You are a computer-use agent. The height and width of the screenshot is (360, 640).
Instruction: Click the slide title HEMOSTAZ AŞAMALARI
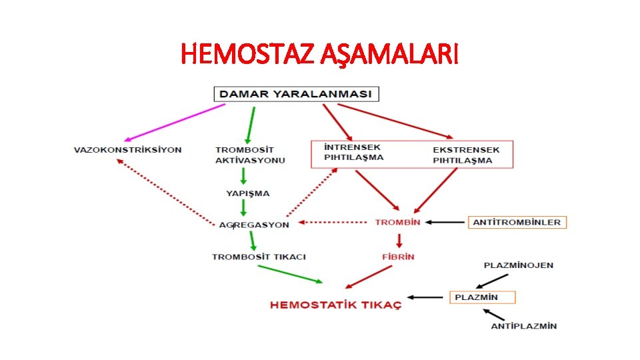point(320,54)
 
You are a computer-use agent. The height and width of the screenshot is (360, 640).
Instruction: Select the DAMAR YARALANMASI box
point(296,94)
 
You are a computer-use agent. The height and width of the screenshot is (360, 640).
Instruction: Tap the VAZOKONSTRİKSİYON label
point(127,150)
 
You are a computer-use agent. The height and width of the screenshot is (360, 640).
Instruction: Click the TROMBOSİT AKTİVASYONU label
point(249,155)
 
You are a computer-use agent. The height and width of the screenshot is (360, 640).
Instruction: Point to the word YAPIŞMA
point(247,193)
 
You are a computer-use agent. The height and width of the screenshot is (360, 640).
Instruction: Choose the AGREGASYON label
point(254,225)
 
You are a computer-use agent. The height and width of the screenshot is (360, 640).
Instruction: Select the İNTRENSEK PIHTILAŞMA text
point(353,152)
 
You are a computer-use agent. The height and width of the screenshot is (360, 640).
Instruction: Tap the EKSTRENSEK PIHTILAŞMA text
point(465,155)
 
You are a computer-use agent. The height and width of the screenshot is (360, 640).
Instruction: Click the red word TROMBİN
point(397,222)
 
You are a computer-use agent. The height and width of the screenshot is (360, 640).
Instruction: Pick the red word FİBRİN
point(398,256)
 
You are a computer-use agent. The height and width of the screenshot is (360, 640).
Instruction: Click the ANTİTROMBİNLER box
point(517,222)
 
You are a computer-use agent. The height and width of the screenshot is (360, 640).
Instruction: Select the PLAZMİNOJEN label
point(518,265)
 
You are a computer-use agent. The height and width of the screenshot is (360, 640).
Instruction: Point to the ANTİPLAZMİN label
point(523,326)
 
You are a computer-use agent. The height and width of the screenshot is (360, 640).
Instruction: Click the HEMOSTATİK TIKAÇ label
point(335,305)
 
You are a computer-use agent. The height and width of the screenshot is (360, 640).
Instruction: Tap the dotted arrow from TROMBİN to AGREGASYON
point(333,222)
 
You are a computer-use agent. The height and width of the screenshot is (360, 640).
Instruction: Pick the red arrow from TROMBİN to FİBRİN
point(399,239)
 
